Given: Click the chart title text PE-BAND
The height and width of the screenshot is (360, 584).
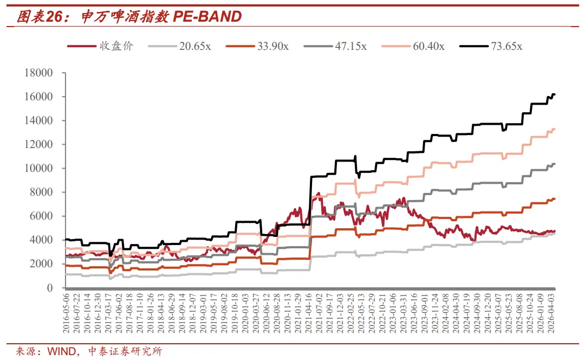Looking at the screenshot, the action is coord(207,17).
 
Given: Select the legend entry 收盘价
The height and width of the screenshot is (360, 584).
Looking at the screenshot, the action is coord(116,46).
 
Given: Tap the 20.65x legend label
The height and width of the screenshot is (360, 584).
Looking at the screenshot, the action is coord(195,46).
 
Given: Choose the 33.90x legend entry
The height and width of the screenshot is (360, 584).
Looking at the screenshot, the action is coord(272,46).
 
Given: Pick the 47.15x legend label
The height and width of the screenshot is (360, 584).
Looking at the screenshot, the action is coord(351,46).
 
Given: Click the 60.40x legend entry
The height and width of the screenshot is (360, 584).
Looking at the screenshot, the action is coord(429,46).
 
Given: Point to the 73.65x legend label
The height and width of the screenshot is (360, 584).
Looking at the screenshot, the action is coord(507,46).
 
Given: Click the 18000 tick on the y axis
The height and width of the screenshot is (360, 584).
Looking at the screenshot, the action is coord(39,73).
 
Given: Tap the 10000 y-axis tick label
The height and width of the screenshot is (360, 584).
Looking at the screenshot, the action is coord(39,168).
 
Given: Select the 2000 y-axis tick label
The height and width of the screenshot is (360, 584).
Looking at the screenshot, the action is coord(41,263).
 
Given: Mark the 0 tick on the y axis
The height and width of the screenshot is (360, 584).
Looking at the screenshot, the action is coord(50,287).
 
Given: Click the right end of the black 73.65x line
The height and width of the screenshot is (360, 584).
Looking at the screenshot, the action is coord(555,94).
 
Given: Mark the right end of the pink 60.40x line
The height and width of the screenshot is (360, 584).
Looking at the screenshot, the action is coord(555,130).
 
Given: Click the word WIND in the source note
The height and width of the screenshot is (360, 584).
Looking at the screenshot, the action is coord(62,351).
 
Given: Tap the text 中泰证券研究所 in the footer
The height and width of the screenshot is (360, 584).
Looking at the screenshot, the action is coord(125,351).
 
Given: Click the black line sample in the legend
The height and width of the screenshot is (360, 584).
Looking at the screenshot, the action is coord(473,46).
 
